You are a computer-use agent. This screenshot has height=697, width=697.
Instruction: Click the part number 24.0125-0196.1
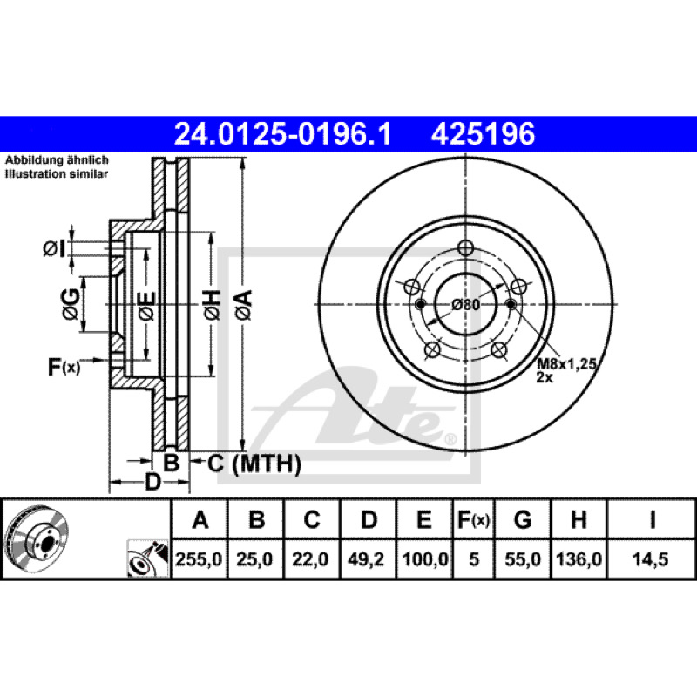[x=283, y=134]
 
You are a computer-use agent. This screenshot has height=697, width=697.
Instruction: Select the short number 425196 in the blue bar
[x=483, y=134]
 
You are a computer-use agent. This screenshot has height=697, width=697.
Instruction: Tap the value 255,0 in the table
[x=199, y=558]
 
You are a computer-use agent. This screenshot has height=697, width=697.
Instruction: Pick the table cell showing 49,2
[x=366, y=558]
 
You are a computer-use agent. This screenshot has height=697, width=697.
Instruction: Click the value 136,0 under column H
[x=579, y=558]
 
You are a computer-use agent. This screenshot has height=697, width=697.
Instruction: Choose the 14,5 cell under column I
[x=650, y=558]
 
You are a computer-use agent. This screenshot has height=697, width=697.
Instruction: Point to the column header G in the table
[x=523, y=519]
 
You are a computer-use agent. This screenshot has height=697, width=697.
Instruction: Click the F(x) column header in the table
[x=473, y=519]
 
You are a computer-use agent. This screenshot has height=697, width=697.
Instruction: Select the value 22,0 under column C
[x=310, y=558]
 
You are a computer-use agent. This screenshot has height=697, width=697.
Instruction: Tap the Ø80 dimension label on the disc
[x=465, y=305]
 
